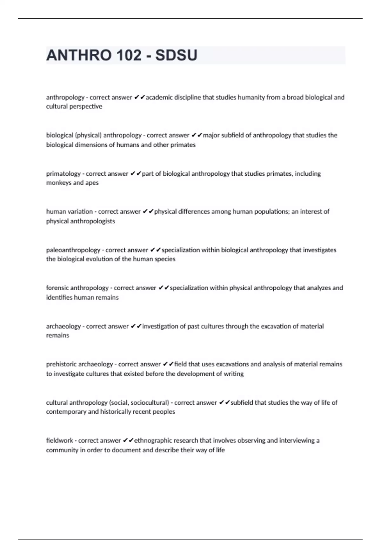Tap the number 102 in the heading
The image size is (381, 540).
[x=129, y=55]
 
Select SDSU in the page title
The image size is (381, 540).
[x=176, y=55]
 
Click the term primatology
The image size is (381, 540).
[x=63, y=174]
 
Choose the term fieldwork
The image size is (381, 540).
[x=60, y=441]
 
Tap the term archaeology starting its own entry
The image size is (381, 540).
[x=63, y=326]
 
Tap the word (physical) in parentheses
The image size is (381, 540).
[x=88, y=135]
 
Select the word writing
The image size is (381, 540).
[x=234, y=374]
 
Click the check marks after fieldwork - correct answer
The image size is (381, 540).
[x=128, y=441]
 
